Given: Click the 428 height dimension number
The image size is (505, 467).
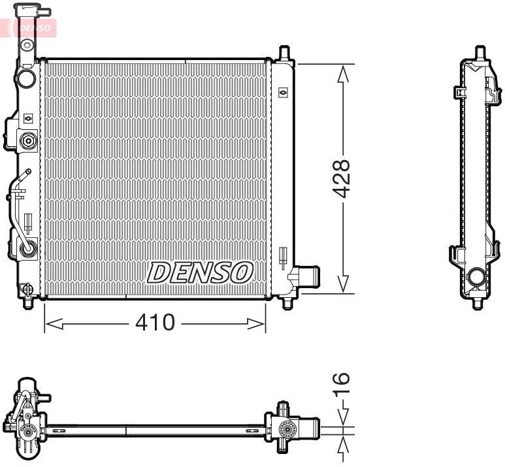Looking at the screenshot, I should pos(342,178).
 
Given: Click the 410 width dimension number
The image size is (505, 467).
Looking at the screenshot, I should pos(155,321).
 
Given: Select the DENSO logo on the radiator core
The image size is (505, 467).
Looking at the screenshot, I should pos(200,272).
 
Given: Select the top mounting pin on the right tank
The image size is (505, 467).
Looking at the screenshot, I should pos(284,52).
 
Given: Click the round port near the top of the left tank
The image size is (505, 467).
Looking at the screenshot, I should pos(27,78).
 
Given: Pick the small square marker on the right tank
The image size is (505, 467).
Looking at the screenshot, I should pos(283,93).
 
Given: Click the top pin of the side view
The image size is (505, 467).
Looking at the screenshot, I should pos(480,52).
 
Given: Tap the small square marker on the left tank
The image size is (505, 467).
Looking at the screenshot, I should pos(27,118).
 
